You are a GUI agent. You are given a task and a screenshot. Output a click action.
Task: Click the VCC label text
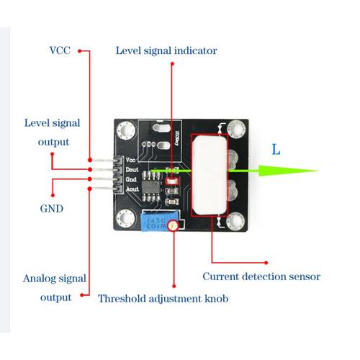(60, 51)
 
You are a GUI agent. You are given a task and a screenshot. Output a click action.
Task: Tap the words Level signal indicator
(166, 51)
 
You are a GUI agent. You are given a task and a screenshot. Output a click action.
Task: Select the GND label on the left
(51, 209)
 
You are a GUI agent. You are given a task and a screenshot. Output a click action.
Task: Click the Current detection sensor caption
(261, 276)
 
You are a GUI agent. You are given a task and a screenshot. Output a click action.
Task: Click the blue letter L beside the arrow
(276, 150)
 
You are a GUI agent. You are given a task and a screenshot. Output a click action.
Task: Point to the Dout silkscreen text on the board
(130, 169)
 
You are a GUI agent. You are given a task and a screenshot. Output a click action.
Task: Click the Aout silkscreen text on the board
(130, 189)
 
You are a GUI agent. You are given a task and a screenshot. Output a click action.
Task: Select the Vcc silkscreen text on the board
(130, 159)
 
